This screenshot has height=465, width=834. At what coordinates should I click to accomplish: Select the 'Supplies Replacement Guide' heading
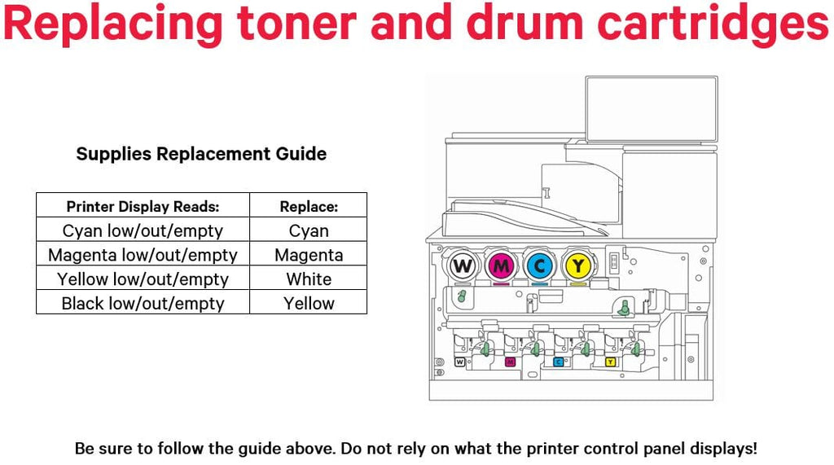click(x=201, y=154)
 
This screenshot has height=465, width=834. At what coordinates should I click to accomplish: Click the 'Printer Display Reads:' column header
click(x=143, y=206)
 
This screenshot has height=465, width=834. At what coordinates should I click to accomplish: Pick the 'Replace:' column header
click(x=309, y=206)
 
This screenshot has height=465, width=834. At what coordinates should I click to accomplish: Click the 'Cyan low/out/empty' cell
click(x=143, y=230)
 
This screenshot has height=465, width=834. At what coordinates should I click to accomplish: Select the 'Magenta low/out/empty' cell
click(x=143, y=255)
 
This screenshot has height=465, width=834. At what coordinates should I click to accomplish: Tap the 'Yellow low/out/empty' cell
click(x=143, y=279)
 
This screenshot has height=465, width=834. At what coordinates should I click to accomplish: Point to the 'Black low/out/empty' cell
click(x=143, y=304)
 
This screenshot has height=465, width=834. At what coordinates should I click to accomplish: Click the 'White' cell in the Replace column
click(x=309, y=279)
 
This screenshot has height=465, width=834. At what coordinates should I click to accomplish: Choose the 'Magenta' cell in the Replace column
click(x=309, y=255)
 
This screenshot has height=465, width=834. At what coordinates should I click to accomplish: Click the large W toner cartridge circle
click(x=462, y=265)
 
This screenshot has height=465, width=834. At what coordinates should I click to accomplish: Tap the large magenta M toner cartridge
click(x=501, y=265)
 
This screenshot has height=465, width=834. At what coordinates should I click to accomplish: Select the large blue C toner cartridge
click(x=539, y=265)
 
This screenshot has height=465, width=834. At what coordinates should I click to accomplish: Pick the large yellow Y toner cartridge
click(x=577, y=265)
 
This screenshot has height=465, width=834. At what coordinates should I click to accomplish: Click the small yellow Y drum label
click(x=610, y=361)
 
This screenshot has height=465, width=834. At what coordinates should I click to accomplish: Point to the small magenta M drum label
click(x=510, y=361)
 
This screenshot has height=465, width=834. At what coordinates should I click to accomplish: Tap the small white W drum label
click(x=460, y=361)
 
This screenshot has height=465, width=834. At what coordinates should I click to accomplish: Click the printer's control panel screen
click(x=651, y=109)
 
